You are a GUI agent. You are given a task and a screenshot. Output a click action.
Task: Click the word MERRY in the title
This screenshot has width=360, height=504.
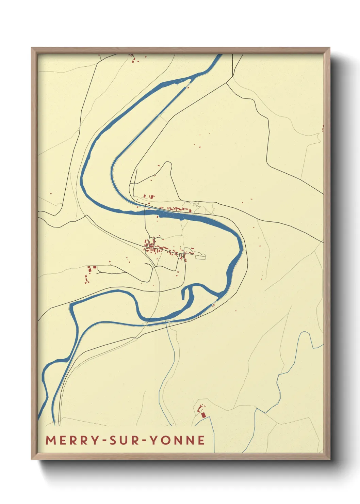coord(72,440)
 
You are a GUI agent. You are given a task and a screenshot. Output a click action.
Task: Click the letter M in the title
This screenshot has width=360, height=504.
coord(50,440)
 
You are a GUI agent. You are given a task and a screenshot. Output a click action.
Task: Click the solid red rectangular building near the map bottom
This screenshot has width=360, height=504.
coord(203,415)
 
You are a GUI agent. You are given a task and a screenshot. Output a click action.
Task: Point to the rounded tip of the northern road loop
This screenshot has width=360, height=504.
coord(168,164)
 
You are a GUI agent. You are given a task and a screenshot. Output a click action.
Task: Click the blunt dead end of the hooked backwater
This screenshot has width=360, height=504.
coord(183,298)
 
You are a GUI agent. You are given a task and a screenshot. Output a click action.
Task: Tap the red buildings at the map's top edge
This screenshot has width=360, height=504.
coord(133,61)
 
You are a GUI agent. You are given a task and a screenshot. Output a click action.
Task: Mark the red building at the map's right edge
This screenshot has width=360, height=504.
coord(322,128)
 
